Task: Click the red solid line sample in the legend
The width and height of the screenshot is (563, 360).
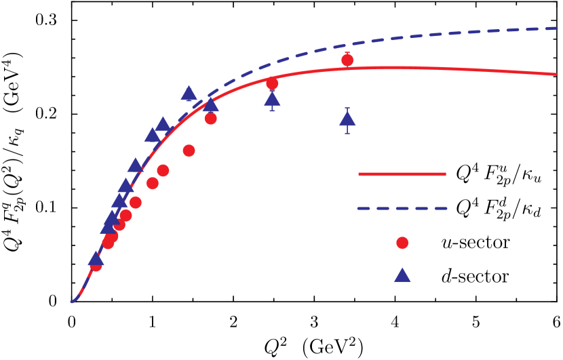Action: click(402, 174)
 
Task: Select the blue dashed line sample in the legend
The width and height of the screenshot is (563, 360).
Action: click(402, 208)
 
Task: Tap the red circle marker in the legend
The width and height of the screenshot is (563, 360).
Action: click(402, 243)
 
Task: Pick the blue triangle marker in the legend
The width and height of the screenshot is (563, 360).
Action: click(402, 275)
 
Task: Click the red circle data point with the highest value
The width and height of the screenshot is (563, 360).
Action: click(347, 60)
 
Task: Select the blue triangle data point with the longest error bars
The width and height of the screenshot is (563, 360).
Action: click(347, 119)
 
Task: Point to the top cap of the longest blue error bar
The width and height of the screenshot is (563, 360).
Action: click(347, 108)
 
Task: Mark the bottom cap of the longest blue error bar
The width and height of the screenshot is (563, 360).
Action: click(347, 134)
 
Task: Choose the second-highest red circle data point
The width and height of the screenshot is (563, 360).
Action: click(272, 84)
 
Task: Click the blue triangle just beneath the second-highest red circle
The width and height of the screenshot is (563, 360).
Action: click(272, 100)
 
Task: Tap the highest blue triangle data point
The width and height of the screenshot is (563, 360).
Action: click(189, 94)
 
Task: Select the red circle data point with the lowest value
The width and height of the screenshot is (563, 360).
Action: click(96, 265)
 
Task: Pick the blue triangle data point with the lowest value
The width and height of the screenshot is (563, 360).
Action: click(96, 259)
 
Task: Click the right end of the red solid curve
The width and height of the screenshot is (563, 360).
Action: click(556, 74)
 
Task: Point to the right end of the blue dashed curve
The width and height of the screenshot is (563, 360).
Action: click(557, 28)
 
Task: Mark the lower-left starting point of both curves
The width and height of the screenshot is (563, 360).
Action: click(71, 302)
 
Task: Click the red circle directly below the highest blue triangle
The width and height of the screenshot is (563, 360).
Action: click(189, 151)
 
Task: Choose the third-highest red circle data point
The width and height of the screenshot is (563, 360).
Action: click(211, 119)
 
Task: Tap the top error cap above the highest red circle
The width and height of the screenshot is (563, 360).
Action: click(347, 52)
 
